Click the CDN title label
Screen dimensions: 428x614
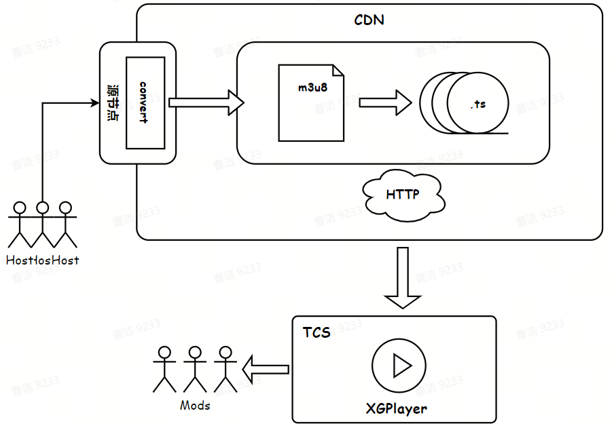[x=369, y=20]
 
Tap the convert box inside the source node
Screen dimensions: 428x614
[x=145, y=102]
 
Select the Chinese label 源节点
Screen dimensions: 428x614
[x=113, y=102]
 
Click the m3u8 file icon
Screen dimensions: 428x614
[x=310, y=102]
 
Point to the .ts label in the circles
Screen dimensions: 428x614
[x=477, y=105]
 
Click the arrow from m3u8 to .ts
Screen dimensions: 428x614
[x=385, y=102]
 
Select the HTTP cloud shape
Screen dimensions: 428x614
[x=403, y=195]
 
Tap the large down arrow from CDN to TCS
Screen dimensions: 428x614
[x=403, y=279]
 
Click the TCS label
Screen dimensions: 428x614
[x=317, y=333]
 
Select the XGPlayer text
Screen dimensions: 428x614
[x=397, y=408]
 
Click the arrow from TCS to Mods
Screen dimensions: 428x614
[x=266, y=369]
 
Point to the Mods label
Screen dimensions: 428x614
[x=195, y=406]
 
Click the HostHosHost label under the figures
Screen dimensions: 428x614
[x=42, y=260]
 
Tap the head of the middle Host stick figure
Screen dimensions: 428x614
[x=43, y=208]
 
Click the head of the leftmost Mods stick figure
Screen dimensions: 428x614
[x=164, y=353]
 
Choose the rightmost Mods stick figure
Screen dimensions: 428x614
[x=224, y=370]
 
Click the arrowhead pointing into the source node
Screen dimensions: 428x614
[x=94, y=103]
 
